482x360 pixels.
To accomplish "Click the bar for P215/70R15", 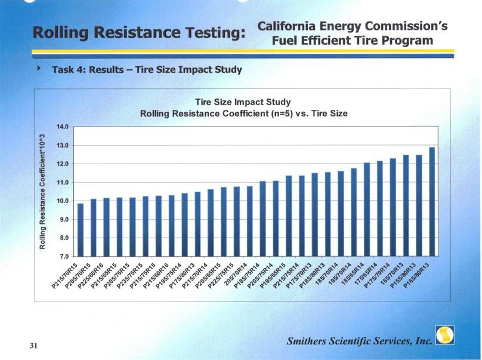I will pos(81,230).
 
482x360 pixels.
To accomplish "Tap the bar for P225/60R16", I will pos(106,227).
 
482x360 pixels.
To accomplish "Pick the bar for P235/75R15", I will pos(146,226).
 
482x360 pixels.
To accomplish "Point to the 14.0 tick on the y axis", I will pos(63,127).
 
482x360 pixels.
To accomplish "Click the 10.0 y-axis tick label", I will pos(63,201).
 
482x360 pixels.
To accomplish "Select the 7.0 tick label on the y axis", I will pos(63,257).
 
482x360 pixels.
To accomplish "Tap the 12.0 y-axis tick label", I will pos(63,164).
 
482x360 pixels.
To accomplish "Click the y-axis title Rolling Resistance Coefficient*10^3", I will pos(44,191).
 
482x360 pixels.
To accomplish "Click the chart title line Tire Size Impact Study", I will pos(243,101).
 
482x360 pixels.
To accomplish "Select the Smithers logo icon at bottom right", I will pos(445,336).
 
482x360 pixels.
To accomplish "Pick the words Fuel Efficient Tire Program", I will pos(352,41).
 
